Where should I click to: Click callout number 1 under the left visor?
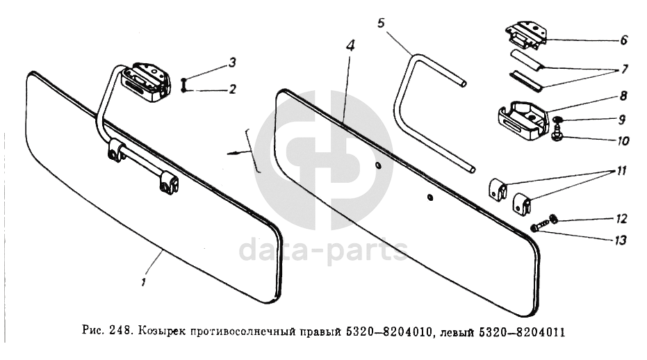[144, 282]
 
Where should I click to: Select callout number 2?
[233, 89]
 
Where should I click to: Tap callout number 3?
[232, 63]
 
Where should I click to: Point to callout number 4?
[350, 44]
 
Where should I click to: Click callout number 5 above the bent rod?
[380, 23]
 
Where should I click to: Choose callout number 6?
[623, 40]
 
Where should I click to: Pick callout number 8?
[623, 96]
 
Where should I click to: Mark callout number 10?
[623, 141]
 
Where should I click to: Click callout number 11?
[621, 170]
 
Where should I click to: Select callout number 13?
[620, 240]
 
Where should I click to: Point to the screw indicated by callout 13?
[539, 227]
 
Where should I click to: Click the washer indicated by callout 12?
[553, 218]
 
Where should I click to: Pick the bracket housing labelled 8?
[523, 120]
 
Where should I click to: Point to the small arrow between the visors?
[239, 153]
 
